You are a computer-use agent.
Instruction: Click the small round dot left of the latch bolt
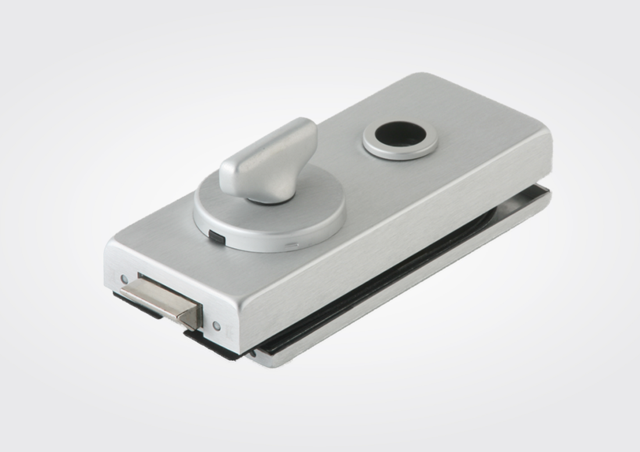coord(124,278)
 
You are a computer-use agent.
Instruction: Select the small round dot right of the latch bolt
coord(216,325)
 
